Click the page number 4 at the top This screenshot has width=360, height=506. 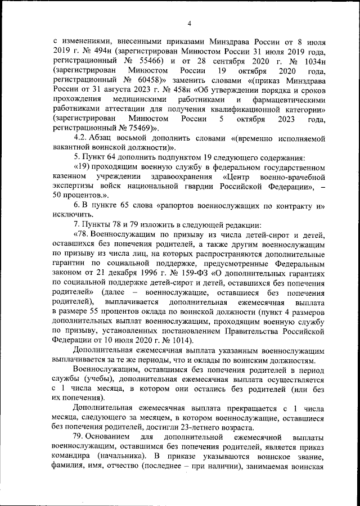188,23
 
